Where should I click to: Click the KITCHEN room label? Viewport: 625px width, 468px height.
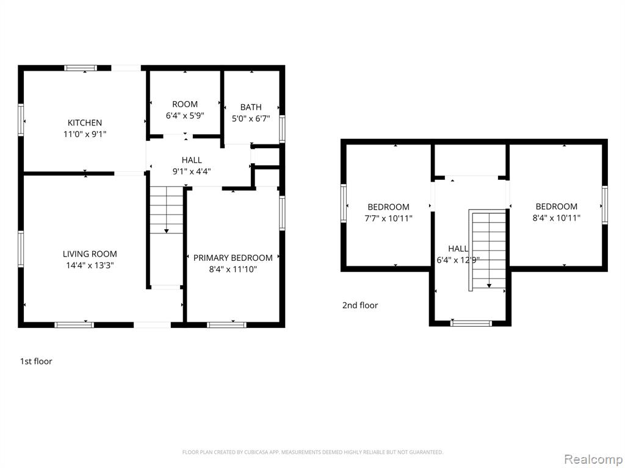pos(84,122)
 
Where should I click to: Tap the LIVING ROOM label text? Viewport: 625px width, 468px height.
pos(90,254)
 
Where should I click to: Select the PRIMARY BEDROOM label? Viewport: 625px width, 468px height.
pos(233,258)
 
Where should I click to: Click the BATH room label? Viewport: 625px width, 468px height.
pos(251,107)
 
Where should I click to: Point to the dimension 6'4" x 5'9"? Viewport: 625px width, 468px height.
pos(185,116)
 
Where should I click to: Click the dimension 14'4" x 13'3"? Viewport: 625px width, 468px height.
pos(90,266)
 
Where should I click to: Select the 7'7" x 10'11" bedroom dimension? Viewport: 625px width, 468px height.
pos(388,219)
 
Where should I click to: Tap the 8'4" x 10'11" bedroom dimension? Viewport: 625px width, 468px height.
pos(557,218)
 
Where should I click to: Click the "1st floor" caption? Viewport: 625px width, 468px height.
pos(36,361)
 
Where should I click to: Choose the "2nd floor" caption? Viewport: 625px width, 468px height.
pos(360,305)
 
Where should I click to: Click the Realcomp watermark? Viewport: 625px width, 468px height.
pos(593,459)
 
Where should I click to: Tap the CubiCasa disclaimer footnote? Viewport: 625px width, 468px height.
pos(312,452)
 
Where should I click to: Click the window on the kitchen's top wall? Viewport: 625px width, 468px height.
pos(81,68)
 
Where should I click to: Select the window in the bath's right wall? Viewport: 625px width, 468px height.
pos(282,129)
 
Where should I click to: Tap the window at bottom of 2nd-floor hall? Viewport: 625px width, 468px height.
pos(471,323)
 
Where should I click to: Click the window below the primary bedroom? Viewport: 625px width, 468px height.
pos(226,325)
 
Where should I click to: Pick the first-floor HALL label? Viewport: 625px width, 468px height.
pos(192,160)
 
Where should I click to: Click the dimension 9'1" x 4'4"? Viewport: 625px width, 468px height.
pos(191,171)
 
